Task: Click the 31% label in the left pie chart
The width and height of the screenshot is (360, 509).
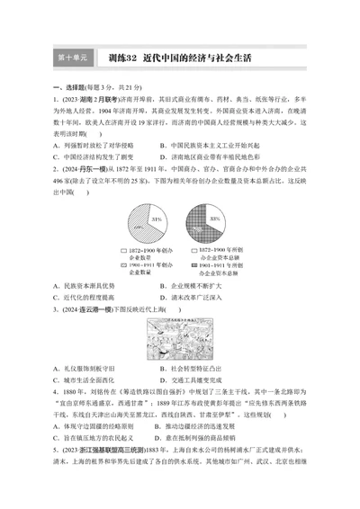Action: click(157, 219)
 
